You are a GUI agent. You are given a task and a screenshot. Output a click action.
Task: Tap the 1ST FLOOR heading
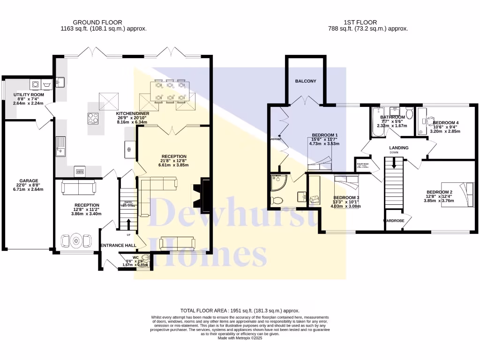360,22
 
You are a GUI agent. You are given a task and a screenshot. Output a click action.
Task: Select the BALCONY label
305,81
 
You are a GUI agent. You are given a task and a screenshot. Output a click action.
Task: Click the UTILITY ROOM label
28,95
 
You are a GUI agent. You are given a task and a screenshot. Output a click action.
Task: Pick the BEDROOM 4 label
445,123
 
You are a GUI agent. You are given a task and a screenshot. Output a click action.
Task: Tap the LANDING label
398,148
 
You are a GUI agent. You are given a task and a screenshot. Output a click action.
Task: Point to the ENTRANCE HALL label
118,245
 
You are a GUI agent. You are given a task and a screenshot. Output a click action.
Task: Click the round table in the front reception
75,241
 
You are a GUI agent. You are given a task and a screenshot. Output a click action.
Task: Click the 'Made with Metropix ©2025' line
240,338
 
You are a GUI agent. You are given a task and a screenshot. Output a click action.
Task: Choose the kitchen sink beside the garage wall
60,146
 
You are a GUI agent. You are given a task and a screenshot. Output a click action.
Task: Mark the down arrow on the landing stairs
393,164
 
